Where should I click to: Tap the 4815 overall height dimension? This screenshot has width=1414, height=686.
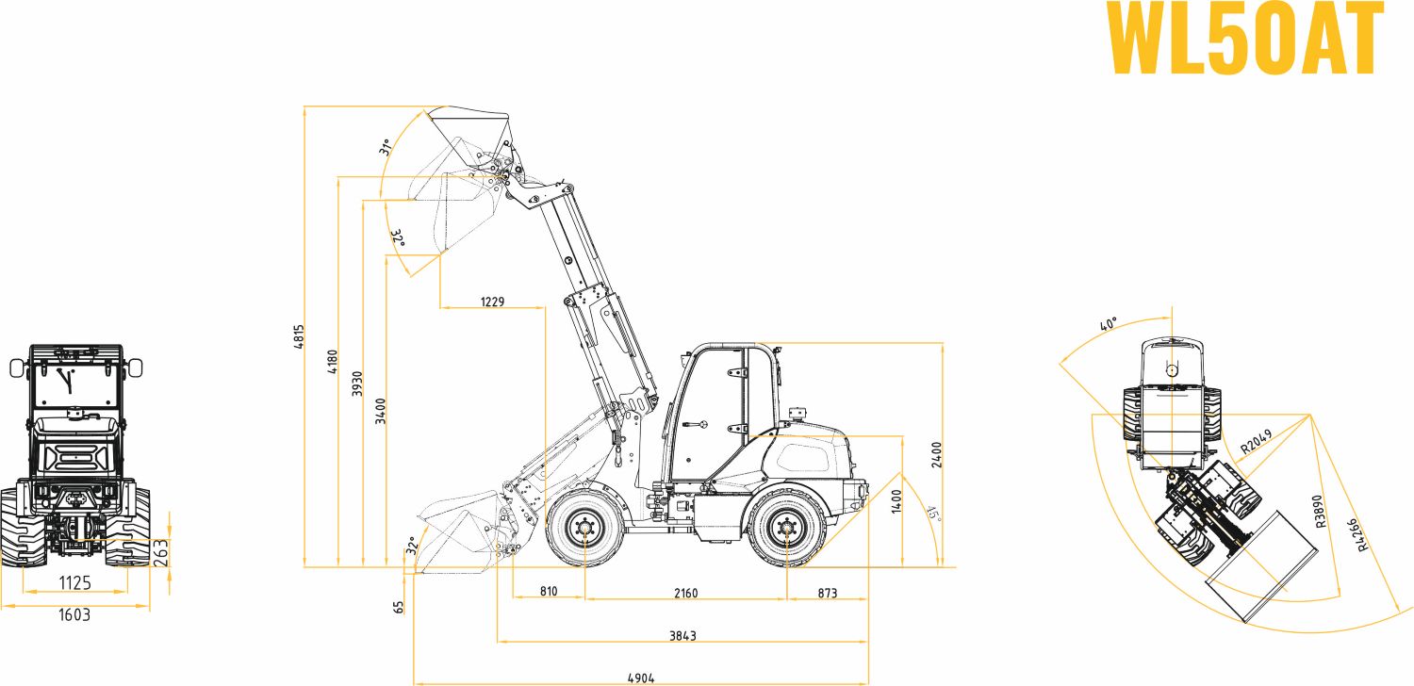click(299, 336)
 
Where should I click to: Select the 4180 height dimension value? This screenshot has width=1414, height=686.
click(333, 362)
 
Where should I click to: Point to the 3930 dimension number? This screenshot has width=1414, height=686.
click(357, 384)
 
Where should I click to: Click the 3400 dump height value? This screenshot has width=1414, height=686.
click(380, 411)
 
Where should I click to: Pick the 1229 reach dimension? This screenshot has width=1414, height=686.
click(492, 302)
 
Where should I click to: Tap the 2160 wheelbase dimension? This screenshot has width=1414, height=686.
click(685, 593)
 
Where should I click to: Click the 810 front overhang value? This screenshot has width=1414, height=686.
click(549, 592)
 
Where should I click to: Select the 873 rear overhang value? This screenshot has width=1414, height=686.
click(827, 593)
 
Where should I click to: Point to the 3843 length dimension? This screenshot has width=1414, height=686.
click(682, 635)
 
